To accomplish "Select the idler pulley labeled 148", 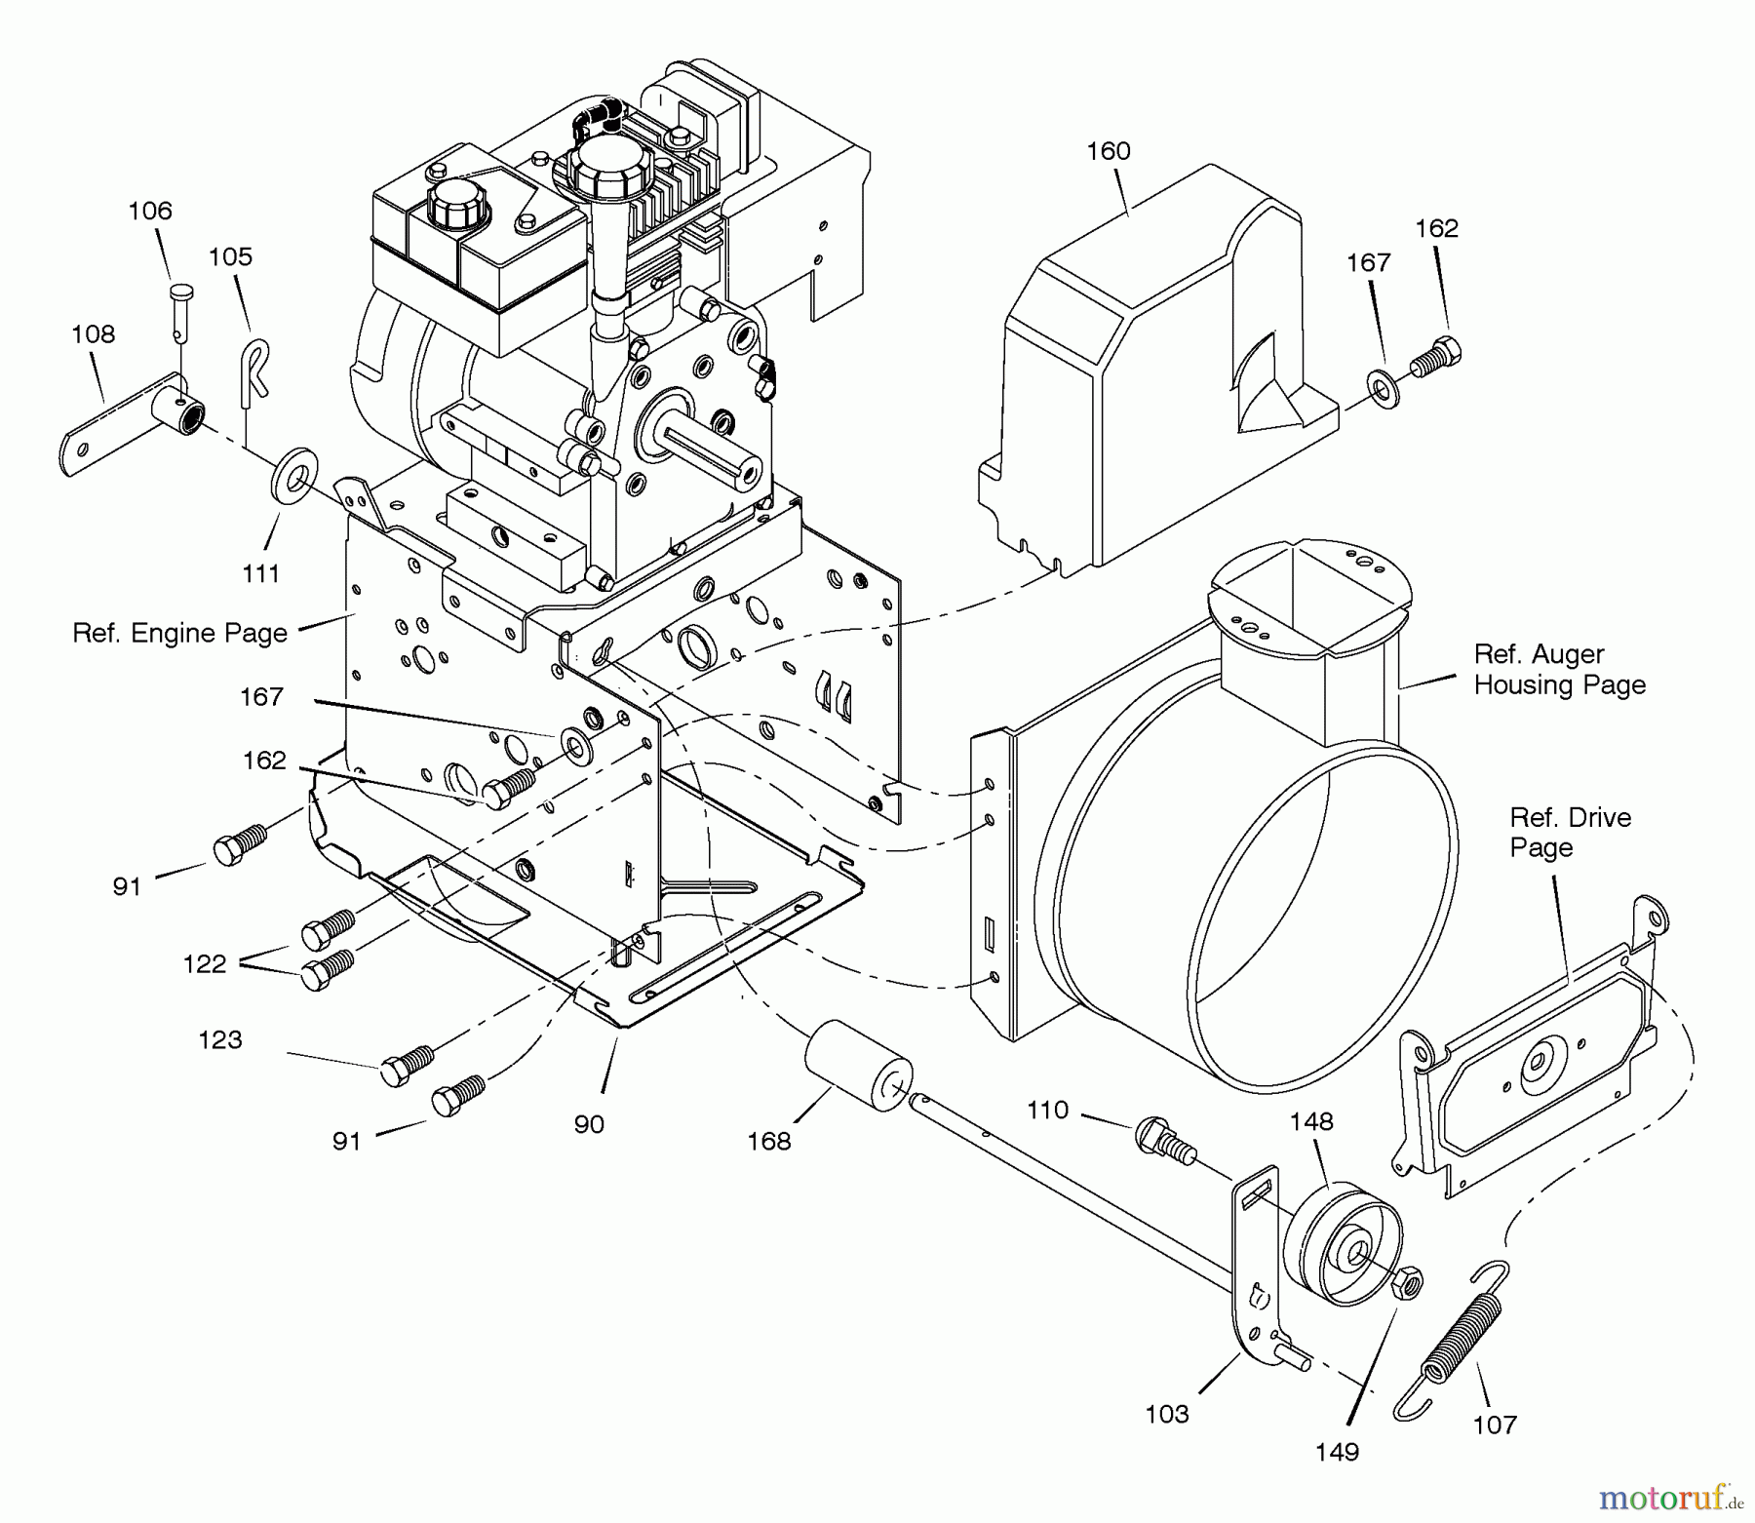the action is (x=1343, y=1245).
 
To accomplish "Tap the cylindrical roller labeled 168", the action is (x=858, y=1066).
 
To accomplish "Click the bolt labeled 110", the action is (x=1164, y=1141).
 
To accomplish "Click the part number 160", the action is (x=1109, y=151).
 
